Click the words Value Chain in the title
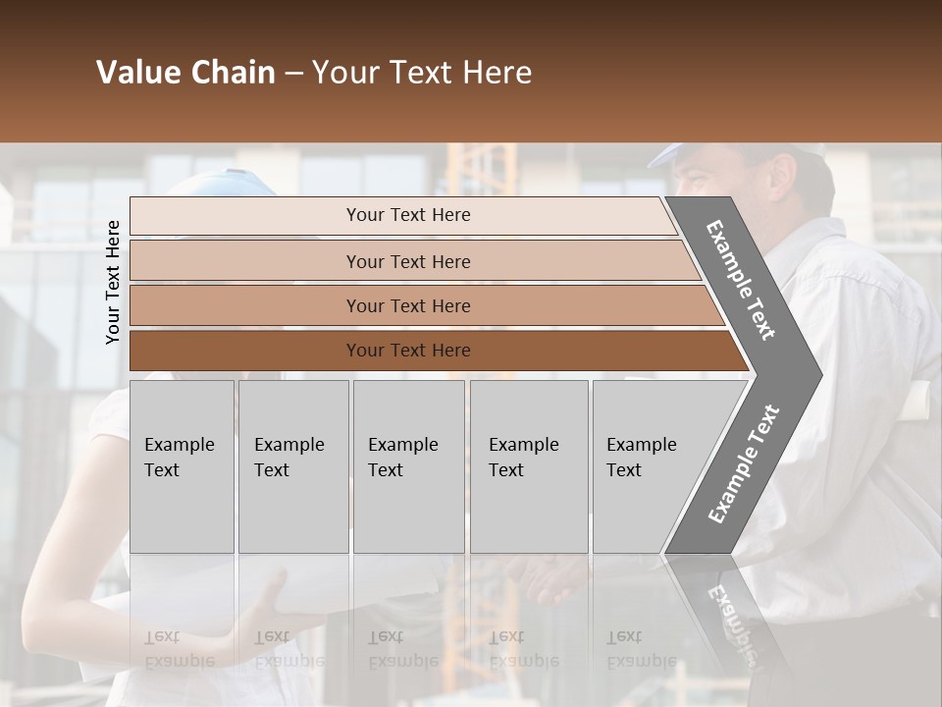pos(185,73)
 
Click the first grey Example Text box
pos(182,466)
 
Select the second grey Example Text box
pos(293,466)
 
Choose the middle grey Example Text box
pos(408,466)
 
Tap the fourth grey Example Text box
pos(529,466)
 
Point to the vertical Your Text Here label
pos(113,282)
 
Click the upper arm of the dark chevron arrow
pos(741,280)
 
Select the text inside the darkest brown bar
pos(408,351)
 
